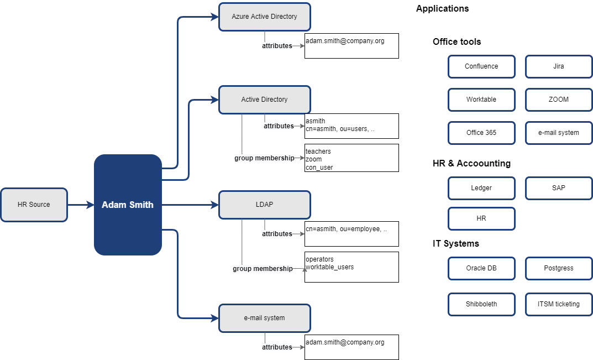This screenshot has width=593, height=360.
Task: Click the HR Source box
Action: pyautogui.click(x=34, y=205)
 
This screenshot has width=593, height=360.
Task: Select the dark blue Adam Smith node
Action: pyautogui.click(x=128, y=205)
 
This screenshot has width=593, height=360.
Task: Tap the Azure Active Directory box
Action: pyautogui.click(x=265, y=17)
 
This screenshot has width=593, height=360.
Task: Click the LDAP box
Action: pyautogui.click(x=265, y=205)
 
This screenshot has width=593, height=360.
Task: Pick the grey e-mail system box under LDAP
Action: pyautogui.click(x=265, y=318)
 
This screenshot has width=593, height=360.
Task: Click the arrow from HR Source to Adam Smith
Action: pyautogui.click(x=81, y=205)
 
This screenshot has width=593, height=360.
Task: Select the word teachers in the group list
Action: pyautogui.click(x=318, y=151)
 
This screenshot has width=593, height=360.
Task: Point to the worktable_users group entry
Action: pyautogui.click(x=329, y=267)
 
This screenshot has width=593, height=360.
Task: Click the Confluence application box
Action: pyautogui.click(x=481, y=66)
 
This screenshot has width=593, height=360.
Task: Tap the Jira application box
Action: pyautogui.click(x=559, y=66)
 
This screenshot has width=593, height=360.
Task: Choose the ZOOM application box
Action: pyautogui.click(x=559, y=100)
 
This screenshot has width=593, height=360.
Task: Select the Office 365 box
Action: pyautogui.click(x=481, y=133)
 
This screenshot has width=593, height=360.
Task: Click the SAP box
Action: pyautogui.click(x=559, y=188)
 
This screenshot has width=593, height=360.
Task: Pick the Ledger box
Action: pyautogui.click(x=481, y=188)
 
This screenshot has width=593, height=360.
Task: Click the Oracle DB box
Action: pyautogui.click(x=481, y=268)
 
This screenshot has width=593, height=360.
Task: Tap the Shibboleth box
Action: pyautogui.click(x=481, y=304)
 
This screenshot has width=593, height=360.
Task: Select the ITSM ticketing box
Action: pyautogui.click(x=559, y=304)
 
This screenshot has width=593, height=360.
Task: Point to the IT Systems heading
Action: pyautogui.click(x=456, y=243)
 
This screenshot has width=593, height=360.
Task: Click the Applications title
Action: pyautogui.click(x=442, y=8)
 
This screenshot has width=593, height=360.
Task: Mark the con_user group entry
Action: pyautogui.click(x=319, y=167)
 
